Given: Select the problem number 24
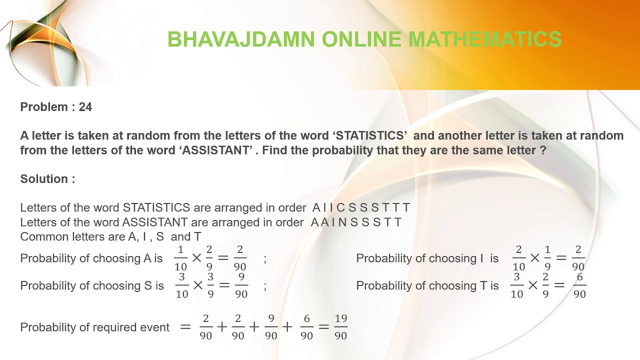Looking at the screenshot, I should point(85,107).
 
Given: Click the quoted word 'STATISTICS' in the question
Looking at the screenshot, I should point(370,135).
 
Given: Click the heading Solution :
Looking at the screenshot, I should point(47,179).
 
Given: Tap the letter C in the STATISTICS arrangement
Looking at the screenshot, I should point(340,207).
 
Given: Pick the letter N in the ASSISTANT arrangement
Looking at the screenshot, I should point(342,222).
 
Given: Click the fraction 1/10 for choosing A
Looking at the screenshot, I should point(180,258).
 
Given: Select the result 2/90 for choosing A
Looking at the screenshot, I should point(240,258).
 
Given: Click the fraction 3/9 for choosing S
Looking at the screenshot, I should point(210,285).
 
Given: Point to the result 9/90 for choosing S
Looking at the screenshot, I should point(241,285).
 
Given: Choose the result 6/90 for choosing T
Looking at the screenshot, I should point(579,285).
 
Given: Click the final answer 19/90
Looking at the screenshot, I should point(340,327).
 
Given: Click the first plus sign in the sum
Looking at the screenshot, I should point(221,327).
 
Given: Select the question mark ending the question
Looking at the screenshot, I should point(543,150).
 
